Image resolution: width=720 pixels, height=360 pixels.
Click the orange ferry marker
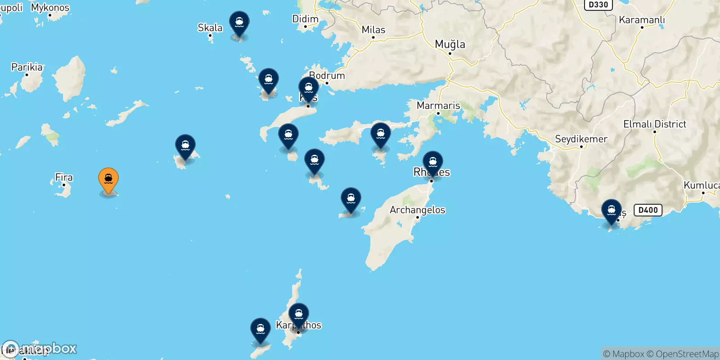pos(108,179)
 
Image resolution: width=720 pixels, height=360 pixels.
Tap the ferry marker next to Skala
pos(239,22)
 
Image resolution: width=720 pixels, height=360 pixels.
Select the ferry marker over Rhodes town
pos(433,162)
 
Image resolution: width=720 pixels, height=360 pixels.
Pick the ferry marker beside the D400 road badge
pos(612,211)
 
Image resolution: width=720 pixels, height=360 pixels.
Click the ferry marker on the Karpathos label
pos(299,315)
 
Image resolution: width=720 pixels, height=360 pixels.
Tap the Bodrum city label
pos(327,76)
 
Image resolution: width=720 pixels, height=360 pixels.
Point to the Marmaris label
pos(438,105)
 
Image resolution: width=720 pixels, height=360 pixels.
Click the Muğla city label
pos(450,44)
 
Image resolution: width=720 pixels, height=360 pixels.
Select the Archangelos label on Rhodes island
pos(417,210)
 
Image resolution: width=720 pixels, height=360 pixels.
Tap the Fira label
pos(64,177)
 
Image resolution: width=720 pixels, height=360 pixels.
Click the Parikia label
pos(27,67)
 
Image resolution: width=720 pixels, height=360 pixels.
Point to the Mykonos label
pos(50,8)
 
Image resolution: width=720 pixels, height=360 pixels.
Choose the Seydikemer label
pos(581,139)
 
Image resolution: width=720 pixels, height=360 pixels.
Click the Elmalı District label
pos(655,124)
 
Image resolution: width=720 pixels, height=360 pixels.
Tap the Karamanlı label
pos(642,20)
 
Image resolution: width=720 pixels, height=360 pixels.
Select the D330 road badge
pos(598,4)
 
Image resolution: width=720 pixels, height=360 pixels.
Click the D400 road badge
pos(648,210)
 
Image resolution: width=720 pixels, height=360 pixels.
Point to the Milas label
pos(373,30)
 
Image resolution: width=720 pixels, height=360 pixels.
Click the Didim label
pos(306,19)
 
